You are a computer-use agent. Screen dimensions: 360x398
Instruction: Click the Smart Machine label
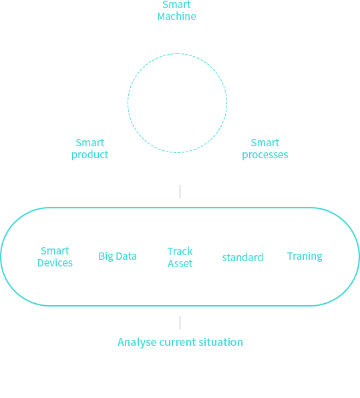pyautogui.click(x=177, y=11)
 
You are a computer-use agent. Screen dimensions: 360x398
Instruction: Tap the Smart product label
pyautogui.click(x=90, y=149)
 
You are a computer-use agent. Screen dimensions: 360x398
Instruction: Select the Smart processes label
pyautogui.click(x=265, y=149)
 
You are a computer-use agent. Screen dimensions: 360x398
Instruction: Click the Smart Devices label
pyautogui.click(x=55, y=257)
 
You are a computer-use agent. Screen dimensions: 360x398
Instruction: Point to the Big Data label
pyautogui.click(x=118, y=256)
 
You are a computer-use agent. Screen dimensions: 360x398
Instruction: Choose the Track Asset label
pyautogui.click(x=180, y=257)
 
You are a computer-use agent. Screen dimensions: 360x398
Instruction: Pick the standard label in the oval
pyautogui.click(x=242, y=257)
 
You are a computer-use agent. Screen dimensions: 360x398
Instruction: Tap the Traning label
pyautogui.click(x=305, y=256)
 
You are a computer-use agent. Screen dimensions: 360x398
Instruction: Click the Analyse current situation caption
pyautogui.click(x=180, y=343)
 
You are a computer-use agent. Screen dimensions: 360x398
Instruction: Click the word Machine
pyautogui.click(x=177, y=17)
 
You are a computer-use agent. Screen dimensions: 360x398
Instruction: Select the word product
pyautogui.click(x=90, y=155)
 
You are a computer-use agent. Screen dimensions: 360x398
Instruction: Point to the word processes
pyautogui.click(x=265, y=155)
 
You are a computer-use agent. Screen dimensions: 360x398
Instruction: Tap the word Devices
pyautogui.click(x=55, y=263)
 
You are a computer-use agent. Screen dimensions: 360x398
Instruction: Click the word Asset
pyautogui.click(x=180, y=264)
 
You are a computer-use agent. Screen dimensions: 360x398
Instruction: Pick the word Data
pyautogui.click(x=126, y=256)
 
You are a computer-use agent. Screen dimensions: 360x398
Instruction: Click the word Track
pyautogui.click(x=180, y=252)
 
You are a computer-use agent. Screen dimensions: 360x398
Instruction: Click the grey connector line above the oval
pyautogui.click(x=180, y=192)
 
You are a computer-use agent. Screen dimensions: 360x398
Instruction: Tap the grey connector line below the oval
pyautogui.click(x=180, y=323)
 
